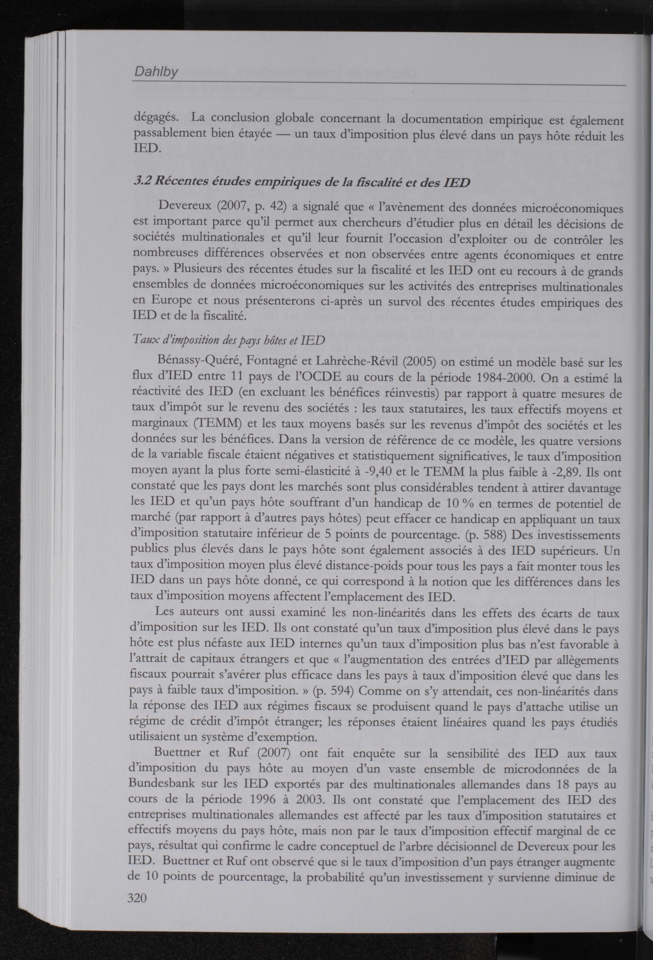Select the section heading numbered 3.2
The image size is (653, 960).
click(x=302, y=182)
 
